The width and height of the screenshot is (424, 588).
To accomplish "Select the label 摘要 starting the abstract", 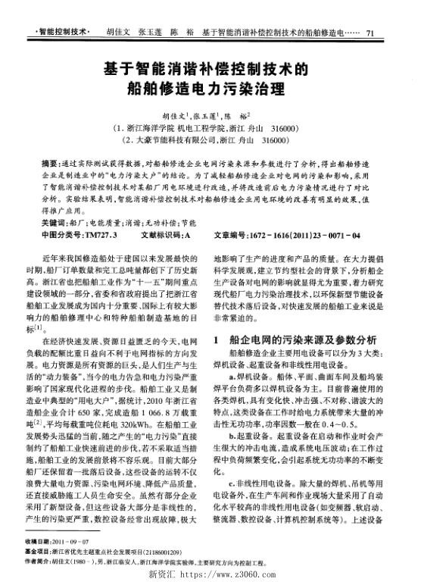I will [49, 163].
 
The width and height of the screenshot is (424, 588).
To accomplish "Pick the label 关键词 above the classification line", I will [52, 225].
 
